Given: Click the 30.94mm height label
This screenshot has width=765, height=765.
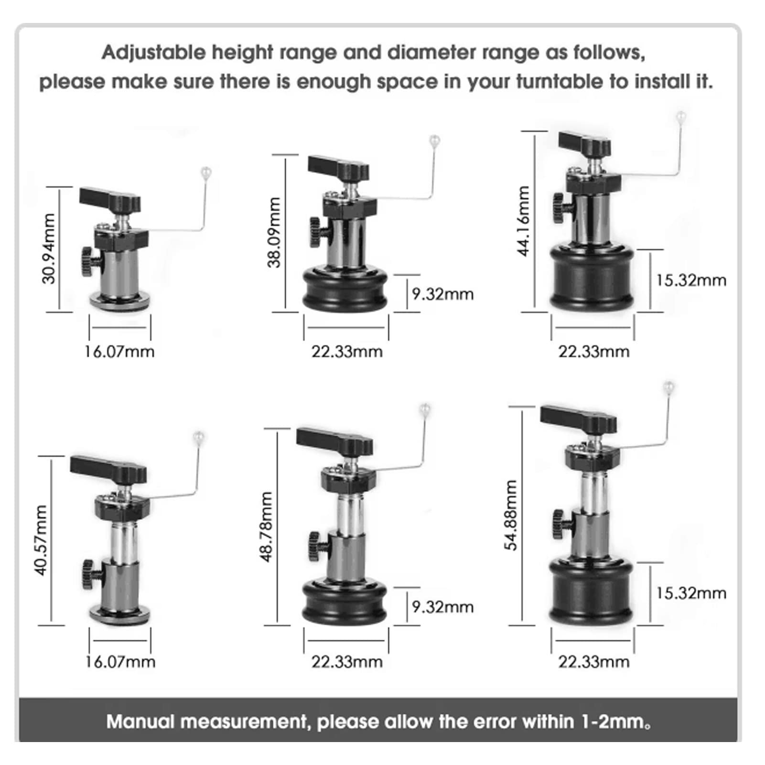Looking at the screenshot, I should tap(49, 248).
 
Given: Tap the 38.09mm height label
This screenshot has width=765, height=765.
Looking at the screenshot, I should tap(274, 232).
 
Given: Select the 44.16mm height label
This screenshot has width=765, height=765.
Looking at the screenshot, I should tap(524, 221).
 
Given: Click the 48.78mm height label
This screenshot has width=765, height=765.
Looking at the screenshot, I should tap(266, 527).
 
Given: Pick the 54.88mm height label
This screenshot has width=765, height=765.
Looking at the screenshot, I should tap(511, 515).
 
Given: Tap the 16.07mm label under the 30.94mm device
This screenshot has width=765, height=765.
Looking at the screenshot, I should tap(119, 352).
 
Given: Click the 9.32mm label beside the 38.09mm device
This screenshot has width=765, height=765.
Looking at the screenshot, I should tap(442, 294).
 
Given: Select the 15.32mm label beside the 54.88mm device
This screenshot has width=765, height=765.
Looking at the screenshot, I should tap(690, 593).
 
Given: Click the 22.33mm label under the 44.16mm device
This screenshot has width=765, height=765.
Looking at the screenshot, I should tap(594, 352).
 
